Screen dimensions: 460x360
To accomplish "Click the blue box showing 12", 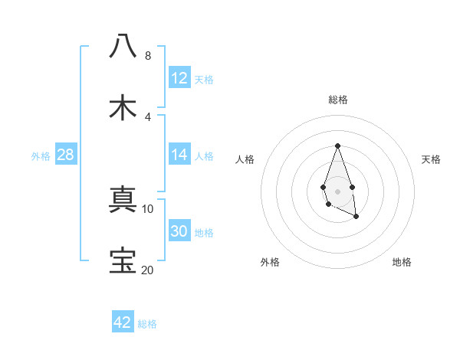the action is (x=179, y=77).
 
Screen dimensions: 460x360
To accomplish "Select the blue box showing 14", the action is (x=179, y=154).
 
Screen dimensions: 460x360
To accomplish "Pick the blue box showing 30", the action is (x=179, y=231).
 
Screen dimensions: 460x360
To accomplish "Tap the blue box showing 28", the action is (x=66, y=155).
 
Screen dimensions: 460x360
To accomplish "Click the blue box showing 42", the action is (x=123, y=322).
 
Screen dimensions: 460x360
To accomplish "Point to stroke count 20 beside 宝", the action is (x=147, y=270).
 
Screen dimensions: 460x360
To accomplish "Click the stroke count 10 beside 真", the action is (x=147, y=208).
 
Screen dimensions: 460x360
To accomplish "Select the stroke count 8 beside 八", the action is (x=147, y=55).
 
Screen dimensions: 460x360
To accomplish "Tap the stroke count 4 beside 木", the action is (x=147, y=116).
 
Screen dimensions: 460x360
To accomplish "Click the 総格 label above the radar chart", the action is (x=337, y=100).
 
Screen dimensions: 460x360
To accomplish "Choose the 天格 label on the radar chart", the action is (x=431, y=159).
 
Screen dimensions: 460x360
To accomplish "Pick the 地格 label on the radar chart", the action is (x=402, y=262).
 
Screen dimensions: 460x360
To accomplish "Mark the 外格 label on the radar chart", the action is (x=270, y=262).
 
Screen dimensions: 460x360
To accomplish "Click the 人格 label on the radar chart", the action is (x=245, y=159).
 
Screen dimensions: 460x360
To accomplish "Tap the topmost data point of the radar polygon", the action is (x=337, y=145).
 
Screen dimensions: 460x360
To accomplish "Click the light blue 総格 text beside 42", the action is (x=147, y=324).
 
